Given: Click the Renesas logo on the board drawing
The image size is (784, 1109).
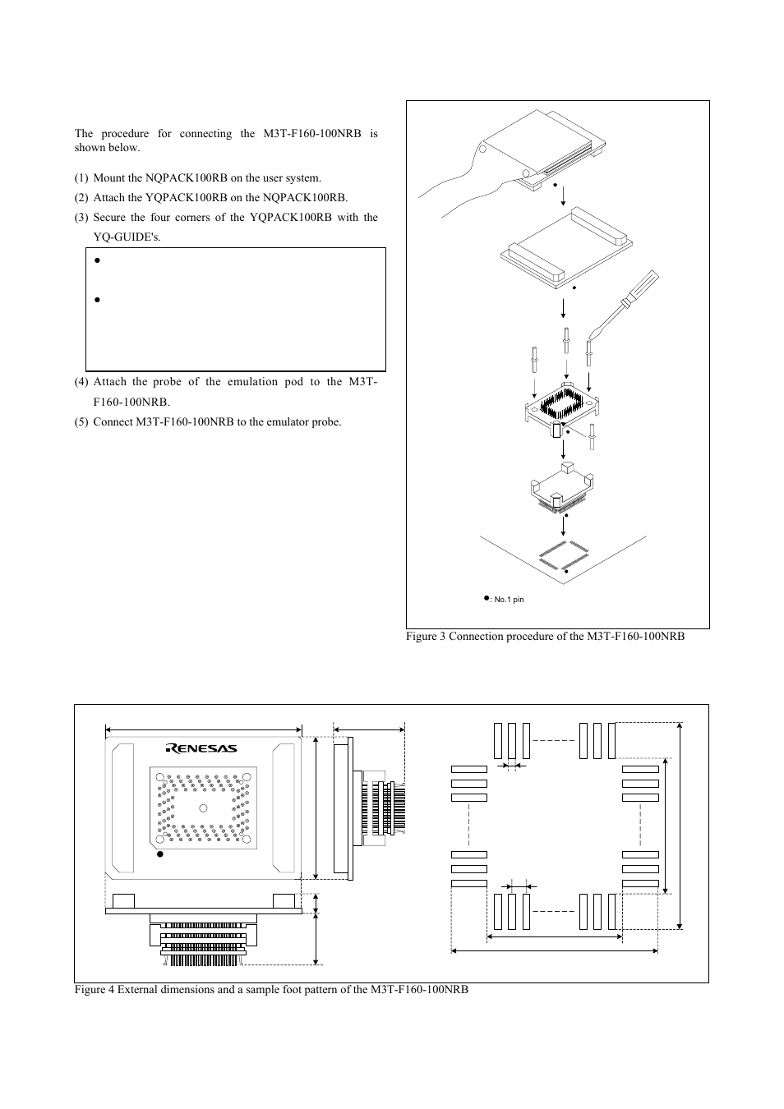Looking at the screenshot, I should tap(201, 748).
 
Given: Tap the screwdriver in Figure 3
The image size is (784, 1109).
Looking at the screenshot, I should tap(625, 307).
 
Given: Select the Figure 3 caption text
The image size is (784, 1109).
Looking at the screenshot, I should tap(545, 637).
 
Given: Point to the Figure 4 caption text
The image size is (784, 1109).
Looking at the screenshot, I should tap(271, 990).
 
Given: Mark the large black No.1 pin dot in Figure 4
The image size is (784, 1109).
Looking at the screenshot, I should tap(160, 854).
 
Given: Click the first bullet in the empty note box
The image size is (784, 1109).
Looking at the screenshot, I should tap(97, 260).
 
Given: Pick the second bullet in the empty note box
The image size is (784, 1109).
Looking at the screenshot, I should tap(97, 300).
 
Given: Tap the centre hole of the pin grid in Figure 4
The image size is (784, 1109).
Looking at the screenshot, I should tap(203, 808).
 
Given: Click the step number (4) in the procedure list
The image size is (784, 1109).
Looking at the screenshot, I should tap(81, 382).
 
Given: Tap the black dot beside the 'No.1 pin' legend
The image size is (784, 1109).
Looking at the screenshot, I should tap(487, 598).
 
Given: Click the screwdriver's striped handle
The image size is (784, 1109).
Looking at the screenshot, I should tap(643, 287).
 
